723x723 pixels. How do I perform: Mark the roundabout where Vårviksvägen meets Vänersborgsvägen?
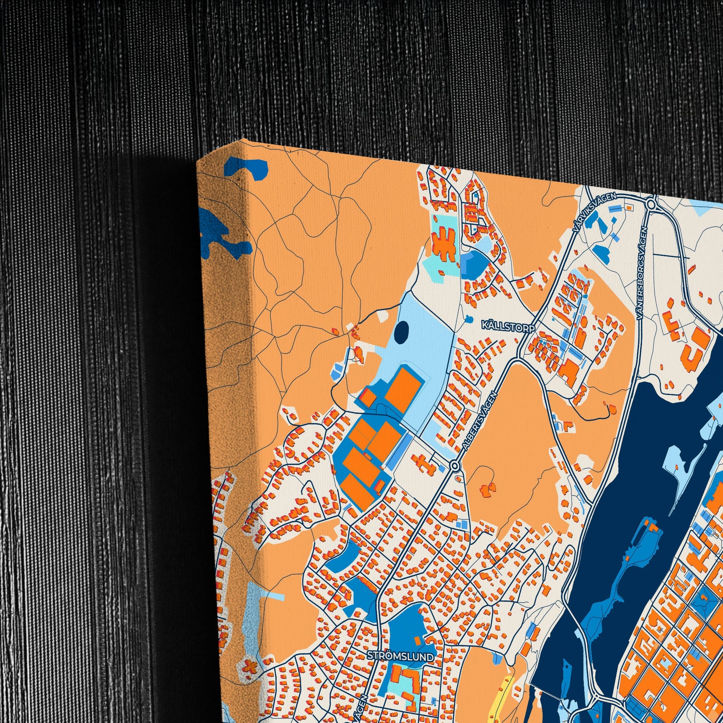coord(651,204)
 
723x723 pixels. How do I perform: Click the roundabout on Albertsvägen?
coord(455,466)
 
